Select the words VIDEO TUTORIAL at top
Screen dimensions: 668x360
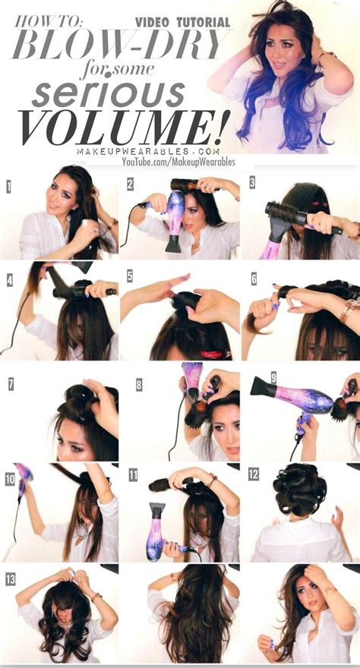(x=182, y=23)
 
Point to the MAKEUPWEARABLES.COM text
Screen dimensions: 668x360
(x=142, y=151)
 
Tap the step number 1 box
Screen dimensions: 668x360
(x=8, y=185)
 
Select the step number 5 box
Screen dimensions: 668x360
(x=130, y=276)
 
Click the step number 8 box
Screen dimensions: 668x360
(x=139, y=384)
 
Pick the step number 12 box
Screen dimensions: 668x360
(x=253, y=474)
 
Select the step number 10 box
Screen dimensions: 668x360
(x=9, y=478)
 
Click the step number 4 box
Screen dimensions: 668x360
(x=9, y=279)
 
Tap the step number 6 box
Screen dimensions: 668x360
(x=253, y=278)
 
